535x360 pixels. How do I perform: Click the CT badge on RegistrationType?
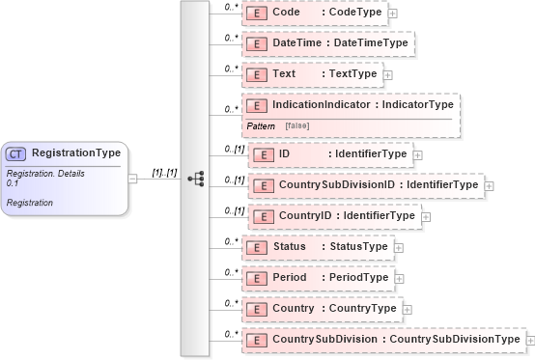pos(16,153)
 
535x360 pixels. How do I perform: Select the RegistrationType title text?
pos(75,152)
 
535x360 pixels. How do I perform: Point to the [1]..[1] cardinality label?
pos(164,173)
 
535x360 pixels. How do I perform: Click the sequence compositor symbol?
pos(196,179)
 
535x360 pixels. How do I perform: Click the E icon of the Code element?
pos(256,13)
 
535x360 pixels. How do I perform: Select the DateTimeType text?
pos(371,43)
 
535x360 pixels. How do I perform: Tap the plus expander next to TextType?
pos(388,74)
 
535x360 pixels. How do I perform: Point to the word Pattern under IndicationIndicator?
pos(261,126)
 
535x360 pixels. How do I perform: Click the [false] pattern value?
pos(296,126)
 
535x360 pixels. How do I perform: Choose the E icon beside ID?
pos(262,154)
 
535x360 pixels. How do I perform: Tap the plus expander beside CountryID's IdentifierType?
pos(425,216)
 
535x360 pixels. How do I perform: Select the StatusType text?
pos(359,247)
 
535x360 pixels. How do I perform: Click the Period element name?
pos(290,278)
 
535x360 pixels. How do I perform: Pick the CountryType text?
pos(363,309)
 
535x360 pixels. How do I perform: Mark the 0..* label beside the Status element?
pos(231,241)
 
